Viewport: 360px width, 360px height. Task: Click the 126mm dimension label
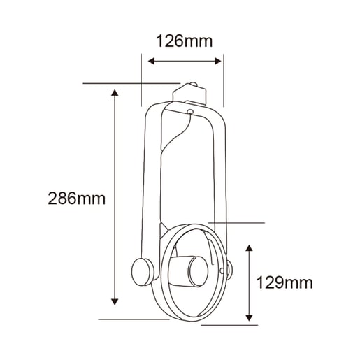[x=184, y=41]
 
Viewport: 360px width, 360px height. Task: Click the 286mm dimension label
[x=77, y=199]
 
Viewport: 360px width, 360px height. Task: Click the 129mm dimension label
[x=285, y=282]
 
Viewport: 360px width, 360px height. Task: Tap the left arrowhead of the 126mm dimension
[x=151, y=62]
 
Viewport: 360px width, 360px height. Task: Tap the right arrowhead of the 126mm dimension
[x=218, y=62]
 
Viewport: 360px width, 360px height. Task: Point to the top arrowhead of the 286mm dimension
[x=115, y=93]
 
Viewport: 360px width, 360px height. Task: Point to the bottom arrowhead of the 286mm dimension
[x=115, y=302]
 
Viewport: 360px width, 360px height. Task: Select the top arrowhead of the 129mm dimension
[x=250, y=248]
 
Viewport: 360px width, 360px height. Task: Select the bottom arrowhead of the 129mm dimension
[x=250, y=318]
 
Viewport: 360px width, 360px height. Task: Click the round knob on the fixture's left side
[x=142, y=272]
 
